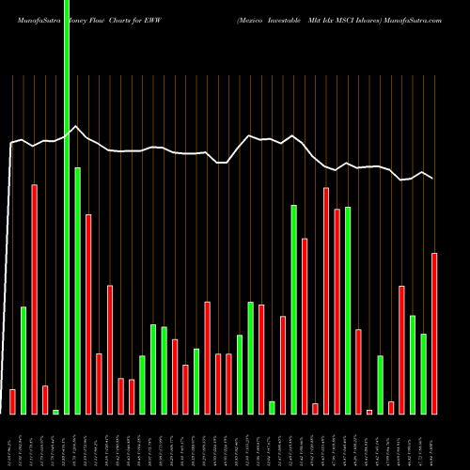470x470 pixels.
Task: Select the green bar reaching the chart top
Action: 67,188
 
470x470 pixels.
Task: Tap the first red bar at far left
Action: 12,401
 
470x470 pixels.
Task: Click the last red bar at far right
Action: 434,333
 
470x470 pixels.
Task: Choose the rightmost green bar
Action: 424,373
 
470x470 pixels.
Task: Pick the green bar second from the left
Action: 23,360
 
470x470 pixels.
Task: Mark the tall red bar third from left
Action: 34,299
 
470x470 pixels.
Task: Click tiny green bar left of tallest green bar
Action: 55,412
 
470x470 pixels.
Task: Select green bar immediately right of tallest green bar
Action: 77,290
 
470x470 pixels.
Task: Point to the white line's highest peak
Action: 77,127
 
